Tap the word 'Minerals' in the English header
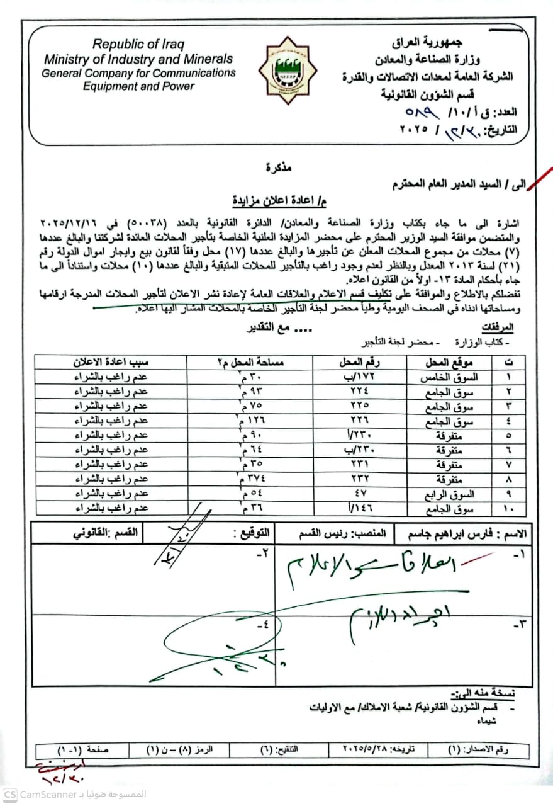point(208,59)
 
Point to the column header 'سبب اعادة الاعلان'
point(112,362)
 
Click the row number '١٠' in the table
point(508,508)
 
